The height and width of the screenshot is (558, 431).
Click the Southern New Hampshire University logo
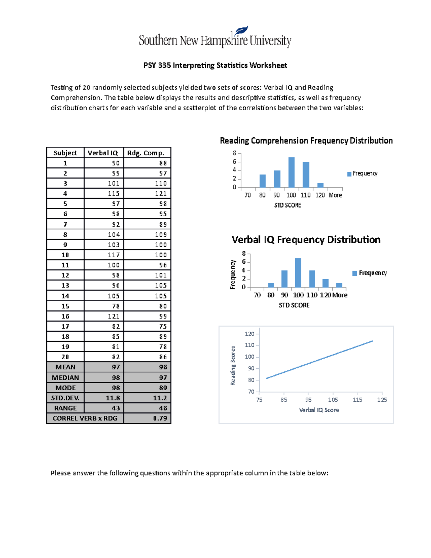[x=215, y=38]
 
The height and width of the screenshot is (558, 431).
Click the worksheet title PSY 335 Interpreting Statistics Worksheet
[x=215, y=65]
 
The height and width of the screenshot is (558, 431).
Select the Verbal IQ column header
[x=103, y=153]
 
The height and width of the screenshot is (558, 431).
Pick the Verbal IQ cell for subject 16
[x=113, y=316]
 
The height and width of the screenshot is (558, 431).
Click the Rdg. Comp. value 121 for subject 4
[x=161, y=193]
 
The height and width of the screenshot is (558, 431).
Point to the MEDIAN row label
[x=65, y=378]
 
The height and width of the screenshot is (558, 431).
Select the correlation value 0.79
[x=160, y=418]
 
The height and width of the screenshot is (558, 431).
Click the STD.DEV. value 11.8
[x=113, y=398]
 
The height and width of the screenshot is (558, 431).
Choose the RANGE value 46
[x=163, y=408]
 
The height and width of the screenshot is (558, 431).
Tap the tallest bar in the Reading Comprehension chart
[x=291, y=172]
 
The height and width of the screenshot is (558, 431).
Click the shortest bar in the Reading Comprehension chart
[x=320, y=185]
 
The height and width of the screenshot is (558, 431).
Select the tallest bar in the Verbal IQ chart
[x=298, y=273]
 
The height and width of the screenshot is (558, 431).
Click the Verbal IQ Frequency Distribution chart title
[x=306, y=240]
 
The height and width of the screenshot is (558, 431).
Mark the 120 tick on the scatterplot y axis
[x=250, y=334]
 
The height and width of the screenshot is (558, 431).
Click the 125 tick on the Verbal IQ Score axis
[x=382, y=400]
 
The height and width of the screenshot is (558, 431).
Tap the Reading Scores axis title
[x=233, y=366]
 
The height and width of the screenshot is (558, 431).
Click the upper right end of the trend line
[x=372, y=341]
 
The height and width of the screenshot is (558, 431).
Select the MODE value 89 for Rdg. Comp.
[x=163, y=388]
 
